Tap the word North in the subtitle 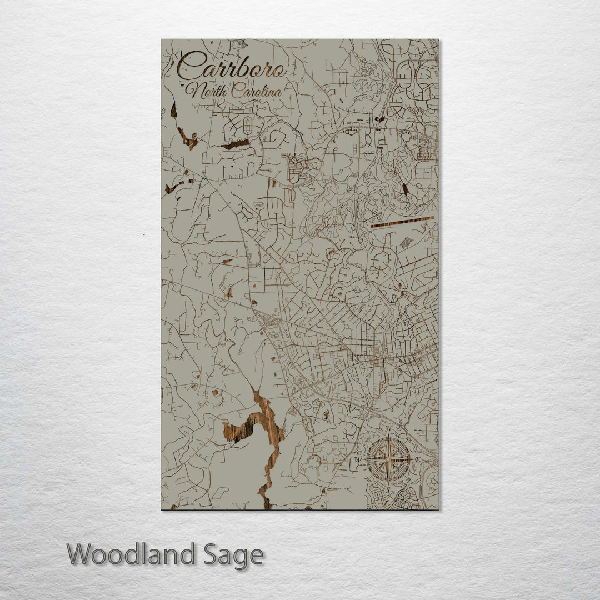tap(207, 90)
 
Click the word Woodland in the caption tap(131, 554)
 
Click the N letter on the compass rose tap(388, 429)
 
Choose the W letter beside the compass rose tap(358, 459)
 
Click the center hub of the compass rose tap(388, 459)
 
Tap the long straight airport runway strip tap(402, 222)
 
